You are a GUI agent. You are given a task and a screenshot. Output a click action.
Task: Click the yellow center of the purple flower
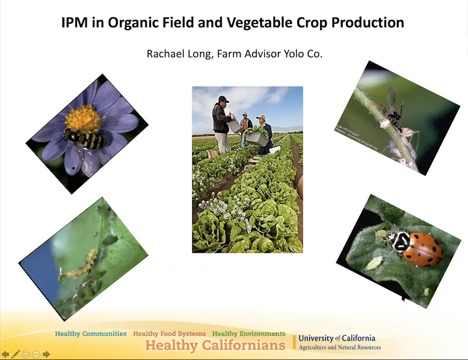point(82,118)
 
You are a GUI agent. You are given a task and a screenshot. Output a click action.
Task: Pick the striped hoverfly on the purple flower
point(86,138)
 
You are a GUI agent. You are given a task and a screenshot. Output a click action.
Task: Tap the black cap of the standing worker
point(223,99)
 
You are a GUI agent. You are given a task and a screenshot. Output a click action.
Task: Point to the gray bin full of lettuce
point(256,139)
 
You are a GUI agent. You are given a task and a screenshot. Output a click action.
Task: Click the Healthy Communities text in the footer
point(91,334)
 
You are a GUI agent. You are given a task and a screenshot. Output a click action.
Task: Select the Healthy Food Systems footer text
point(169,334)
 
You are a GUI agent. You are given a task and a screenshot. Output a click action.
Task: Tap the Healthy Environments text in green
point(249,334)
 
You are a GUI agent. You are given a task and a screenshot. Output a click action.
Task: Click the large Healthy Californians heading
point(215,345)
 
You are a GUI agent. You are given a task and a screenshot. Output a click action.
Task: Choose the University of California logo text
point(337,338)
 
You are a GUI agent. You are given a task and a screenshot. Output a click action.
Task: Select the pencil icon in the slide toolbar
point(16,354)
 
